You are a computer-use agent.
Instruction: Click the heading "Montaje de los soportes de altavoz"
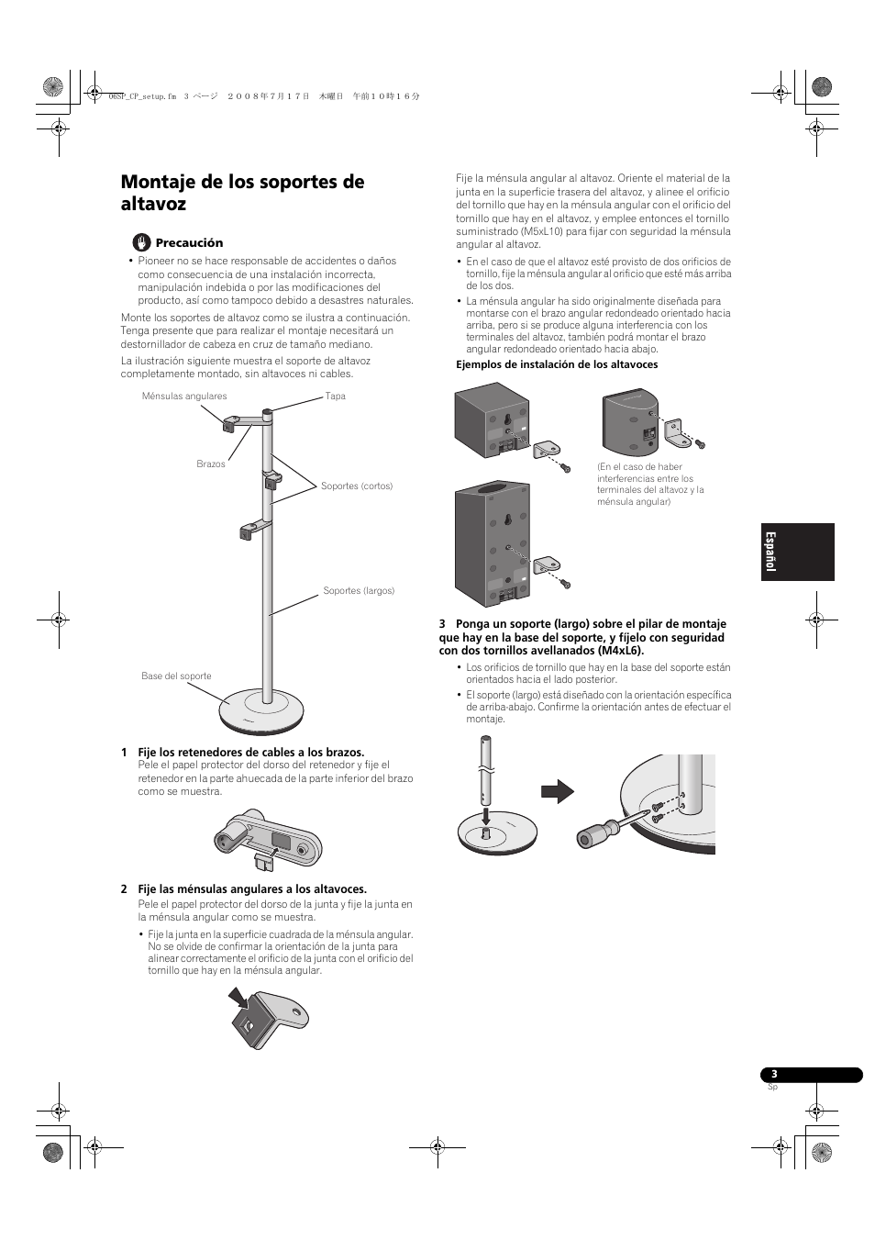coord(242,193)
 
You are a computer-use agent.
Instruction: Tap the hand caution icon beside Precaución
coord(141,242)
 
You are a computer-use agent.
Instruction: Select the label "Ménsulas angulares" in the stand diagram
coord(184,397)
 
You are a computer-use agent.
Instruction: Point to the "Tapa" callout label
coord(336,397)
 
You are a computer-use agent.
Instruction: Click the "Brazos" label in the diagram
coord(211,464)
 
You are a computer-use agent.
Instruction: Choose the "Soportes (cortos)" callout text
coord(357,486)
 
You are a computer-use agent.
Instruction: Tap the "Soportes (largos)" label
coord(359,591)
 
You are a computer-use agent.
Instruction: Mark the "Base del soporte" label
coord(176,676)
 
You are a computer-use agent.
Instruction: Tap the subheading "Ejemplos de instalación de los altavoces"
coord(557,365)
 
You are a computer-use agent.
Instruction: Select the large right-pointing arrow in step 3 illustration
coord(557,791)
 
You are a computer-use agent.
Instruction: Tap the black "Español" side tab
coord(797,553)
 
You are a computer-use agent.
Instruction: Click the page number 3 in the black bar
coord(774,1075)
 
